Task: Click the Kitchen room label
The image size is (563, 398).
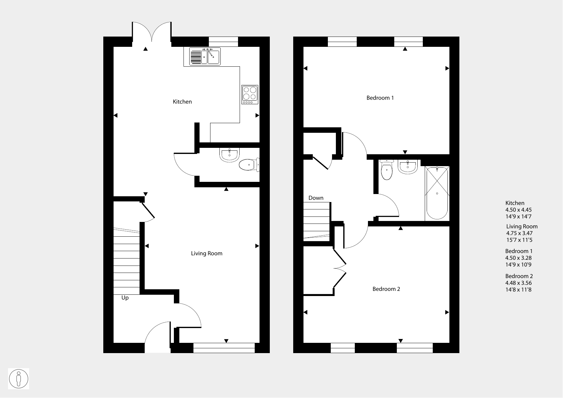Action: (182, 102)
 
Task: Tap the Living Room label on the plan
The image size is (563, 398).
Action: (207, 253)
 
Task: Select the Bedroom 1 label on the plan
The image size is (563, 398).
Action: (380, 98)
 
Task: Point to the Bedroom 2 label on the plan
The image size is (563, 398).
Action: (386, 289)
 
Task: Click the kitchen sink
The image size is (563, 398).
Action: (205, 56)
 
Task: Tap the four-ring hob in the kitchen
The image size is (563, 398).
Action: (250, 95)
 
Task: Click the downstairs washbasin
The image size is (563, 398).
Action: (229, 155)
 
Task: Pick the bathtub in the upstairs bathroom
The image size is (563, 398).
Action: (437, 193)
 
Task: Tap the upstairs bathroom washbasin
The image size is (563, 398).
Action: (407, 167)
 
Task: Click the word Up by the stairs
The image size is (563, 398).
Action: (125, 298)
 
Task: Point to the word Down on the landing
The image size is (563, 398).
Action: (316, 198)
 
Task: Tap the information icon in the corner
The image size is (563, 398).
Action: (19, 379)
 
